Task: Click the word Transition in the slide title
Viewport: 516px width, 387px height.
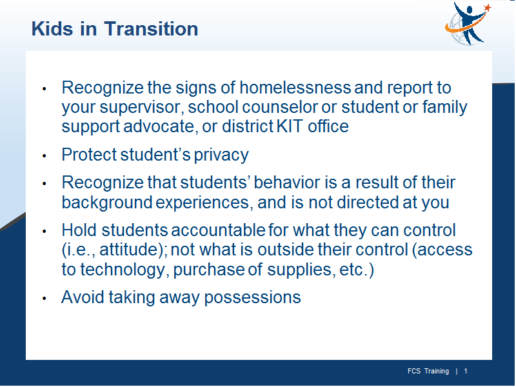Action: [x=151, y=28]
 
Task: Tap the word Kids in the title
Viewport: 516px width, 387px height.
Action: [x=52, y=28]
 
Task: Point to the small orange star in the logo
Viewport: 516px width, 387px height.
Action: [x=488, y=8]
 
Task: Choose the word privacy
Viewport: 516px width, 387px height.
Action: [x=221, y=155]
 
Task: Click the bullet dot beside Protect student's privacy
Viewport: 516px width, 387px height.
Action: [x=45, y=155]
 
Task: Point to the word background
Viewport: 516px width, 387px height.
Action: [x=107, y=203]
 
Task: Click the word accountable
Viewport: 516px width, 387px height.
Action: [x=218, y=230]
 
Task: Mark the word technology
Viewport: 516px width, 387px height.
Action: [x=123, y=270]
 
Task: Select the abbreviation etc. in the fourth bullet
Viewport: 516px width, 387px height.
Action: [x=353, y=270]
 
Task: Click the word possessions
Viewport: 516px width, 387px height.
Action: [x=252, y=298]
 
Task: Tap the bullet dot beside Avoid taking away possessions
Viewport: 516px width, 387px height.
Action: [x=45, y=299]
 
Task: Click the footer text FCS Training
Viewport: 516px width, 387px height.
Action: [x=428, y=372]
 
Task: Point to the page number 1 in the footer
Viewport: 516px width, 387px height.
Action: [x=466, y=372]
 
